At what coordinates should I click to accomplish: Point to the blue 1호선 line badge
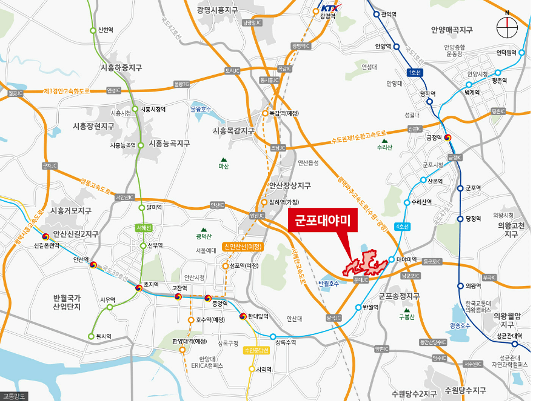(415, 73)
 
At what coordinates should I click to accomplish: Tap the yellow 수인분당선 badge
(255, 350)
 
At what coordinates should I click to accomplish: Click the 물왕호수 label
(201, 109)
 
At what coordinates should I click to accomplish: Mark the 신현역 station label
(106, 30)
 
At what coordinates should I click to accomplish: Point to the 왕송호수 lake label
(461, 325)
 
